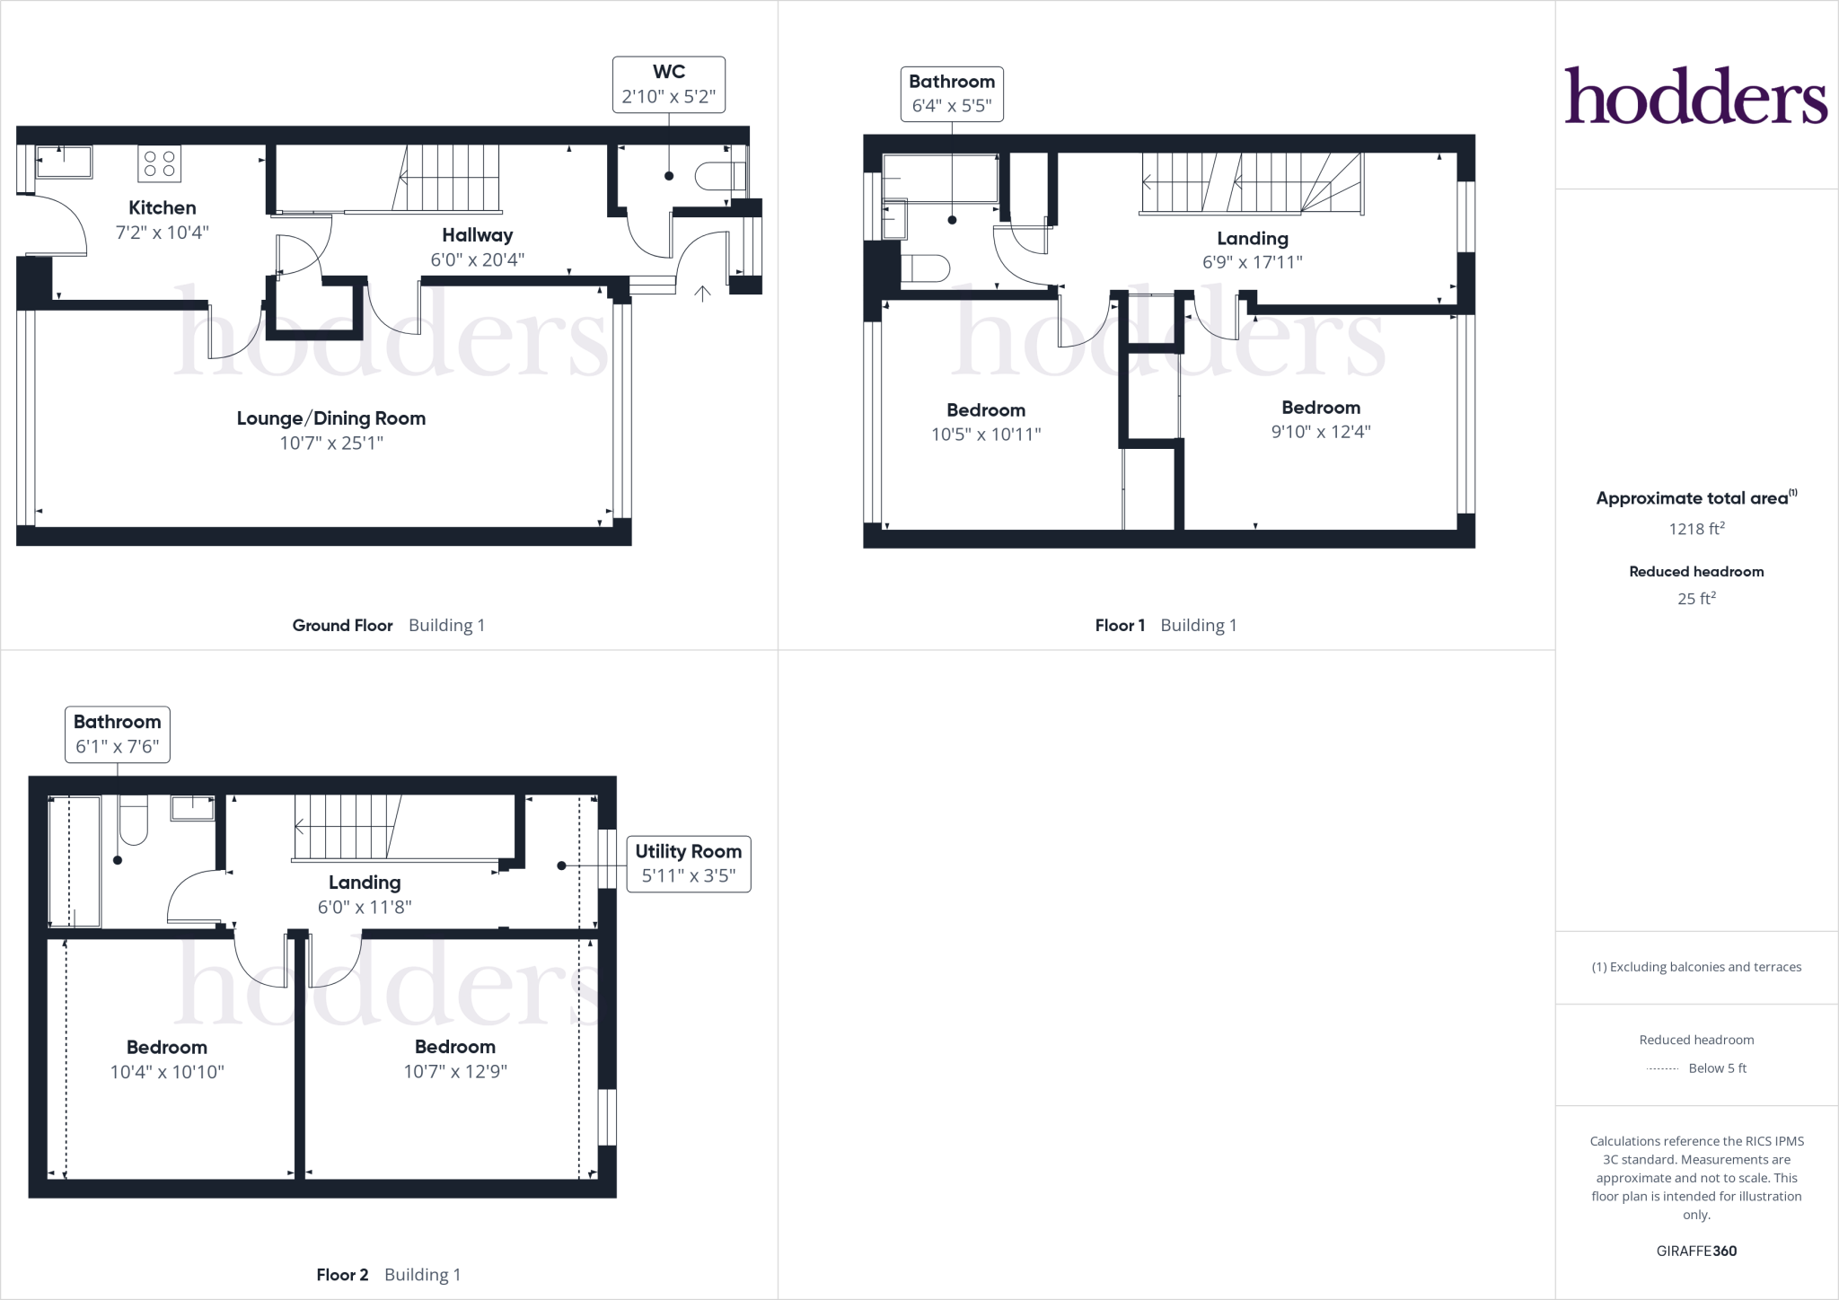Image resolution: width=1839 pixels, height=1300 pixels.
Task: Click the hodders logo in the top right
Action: pyautogui.click(x=1695, y=96)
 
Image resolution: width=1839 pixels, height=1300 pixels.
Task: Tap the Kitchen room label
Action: pyautogui.click(x=162, y=208)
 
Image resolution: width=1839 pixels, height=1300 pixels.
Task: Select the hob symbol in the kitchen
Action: pyautogui.click(x=159, y=163)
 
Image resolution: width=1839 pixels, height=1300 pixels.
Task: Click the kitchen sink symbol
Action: pyautogui.click(x=64, y=162)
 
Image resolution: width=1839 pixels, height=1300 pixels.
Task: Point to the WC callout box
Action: pyautogui.click(x=668, y=84)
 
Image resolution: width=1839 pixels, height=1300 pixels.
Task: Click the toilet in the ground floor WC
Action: pyautogui.click(x=720, y=176)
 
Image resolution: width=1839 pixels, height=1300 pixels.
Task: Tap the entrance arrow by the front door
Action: pyautogui.click(x=702, y=293)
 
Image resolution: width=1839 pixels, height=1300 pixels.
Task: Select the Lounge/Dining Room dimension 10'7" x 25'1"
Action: pyautogui.click(x=330, y=443)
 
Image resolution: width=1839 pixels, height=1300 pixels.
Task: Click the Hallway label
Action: pyautogui.click(x=477, y=235)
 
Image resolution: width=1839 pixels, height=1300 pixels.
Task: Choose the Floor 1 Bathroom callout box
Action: pyautogui.click(x=951, y=93)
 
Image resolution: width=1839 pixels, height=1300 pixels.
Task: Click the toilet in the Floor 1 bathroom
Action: pyautogui.click(x=925, y=269)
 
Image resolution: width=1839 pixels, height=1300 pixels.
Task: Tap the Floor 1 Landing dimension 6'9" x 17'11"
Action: pyautogui.click(x=1252, y=262)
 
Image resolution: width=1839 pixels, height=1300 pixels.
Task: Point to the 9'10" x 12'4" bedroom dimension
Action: pyautogui.click(x=1320, y=432)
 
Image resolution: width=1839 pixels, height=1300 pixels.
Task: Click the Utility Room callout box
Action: pyautogui.click(x=688, y=864)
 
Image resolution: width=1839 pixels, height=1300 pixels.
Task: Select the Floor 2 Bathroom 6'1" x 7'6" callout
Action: pyautogui.click(x=117, y=734)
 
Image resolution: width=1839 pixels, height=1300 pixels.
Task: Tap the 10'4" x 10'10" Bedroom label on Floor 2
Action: pyautogui.click(x=167, y=1048)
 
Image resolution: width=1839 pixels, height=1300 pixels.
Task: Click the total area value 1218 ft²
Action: pyautogui.click(x=1696, y=529)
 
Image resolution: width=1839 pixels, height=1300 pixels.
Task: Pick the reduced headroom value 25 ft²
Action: pyautogui.click(x=1696, y=598)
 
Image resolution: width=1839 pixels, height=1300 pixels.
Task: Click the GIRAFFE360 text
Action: pyautogui.click(x=1696, y=1251)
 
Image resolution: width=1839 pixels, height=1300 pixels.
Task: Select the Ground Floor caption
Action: pyautogui.click(x=342, y=626)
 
